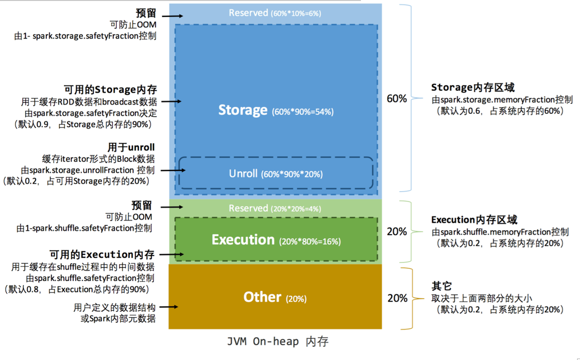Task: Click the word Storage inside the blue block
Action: coord(243,110)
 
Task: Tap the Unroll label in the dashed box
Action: coord(243,174)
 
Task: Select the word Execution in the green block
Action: coord(243,239)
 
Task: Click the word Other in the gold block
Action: coord(262,297)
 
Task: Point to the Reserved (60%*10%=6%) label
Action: coord(275,13)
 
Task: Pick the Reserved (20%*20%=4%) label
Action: coord(275,208)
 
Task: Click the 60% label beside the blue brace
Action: coord(397,98)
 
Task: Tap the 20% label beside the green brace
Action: coord(397,232)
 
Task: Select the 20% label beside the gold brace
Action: coord(397,298)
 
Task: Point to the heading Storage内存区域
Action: coord(472,87)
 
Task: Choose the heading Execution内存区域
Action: coord(474,220)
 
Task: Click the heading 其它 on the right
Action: coord(441,286)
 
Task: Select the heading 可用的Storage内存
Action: coord(110,90)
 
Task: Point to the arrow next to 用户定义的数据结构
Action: coord(171,307)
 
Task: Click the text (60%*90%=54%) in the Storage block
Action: coord(303,112)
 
